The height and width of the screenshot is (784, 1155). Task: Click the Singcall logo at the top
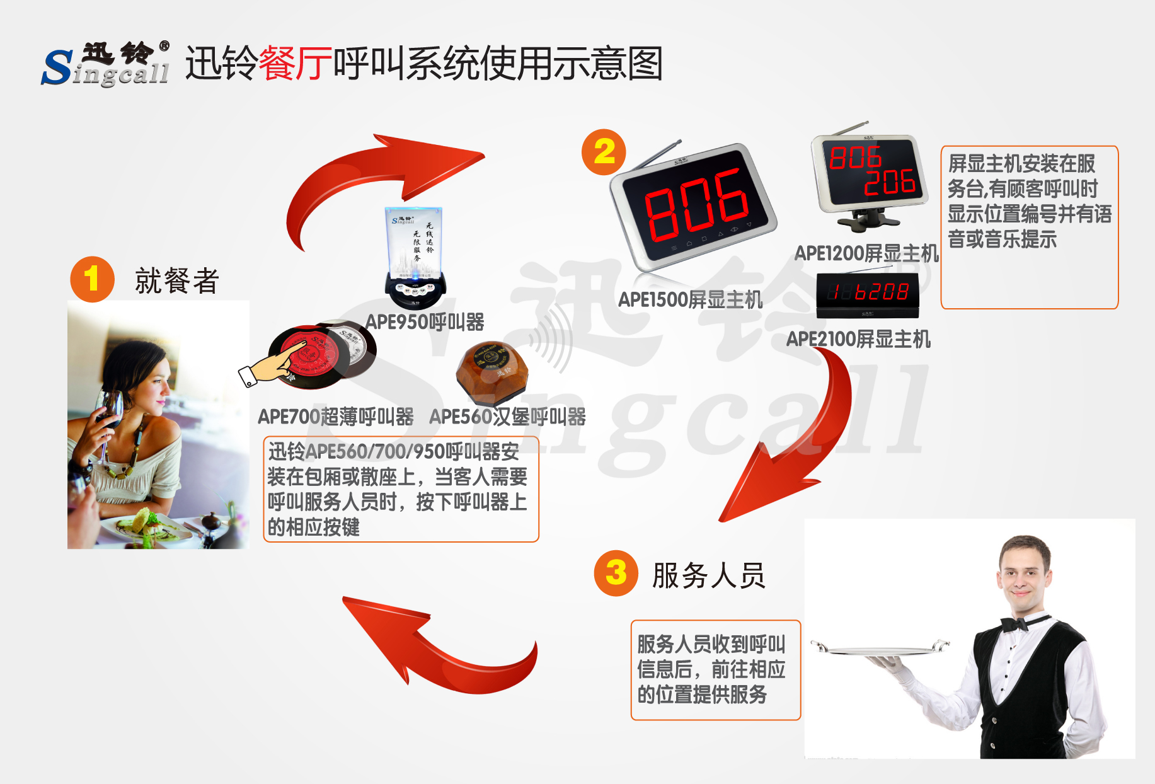[x=106, y=64]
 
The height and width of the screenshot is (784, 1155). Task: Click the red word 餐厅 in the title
[x=295, y=64]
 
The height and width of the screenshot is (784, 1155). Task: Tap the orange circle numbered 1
[x=92, y=279]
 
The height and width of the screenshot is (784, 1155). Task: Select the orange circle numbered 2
[x=604, y=152]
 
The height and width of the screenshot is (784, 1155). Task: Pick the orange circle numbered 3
[x=616, y=573]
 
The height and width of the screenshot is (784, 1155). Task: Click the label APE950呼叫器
[x=425, y=322]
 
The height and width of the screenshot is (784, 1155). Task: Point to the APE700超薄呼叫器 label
[x=336, y=417]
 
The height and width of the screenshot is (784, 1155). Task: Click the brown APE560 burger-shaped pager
[x=492, y=372]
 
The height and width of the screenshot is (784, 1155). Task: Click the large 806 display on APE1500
[x=696, y=205]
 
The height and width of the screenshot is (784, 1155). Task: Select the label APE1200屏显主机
[x=866, y=253]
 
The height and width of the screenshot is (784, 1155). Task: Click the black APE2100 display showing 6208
[x=868, y=293]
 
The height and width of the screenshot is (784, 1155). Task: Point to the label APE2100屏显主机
[x=858, y=339]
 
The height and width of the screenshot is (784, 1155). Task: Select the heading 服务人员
[x=708, y=575]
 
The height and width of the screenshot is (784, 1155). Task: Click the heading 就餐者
[x=176, y=281]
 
